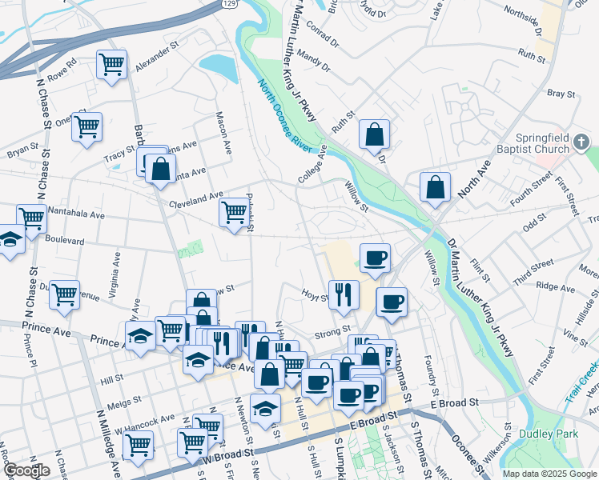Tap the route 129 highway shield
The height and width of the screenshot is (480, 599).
229,5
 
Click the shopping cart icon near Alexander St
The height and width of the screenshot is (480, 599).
111,64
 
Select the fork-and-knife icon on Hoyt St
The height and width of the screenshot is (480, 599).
344,294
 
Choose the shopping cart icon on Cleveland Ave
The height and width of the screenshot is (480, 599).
234,212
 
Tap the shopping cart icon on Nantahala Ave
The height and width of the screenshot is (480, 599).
31,218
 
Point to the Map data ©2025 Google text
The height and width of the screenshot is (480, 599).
549,474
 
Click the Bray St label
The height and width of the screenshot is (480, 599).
561,94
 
